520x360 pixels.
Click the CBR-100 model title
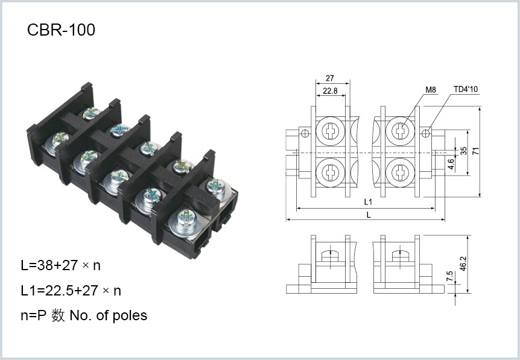(61, 30)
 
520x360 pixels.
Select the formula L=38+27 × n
(61, 265)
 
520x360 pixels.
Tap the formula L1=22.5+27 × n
(71, 291)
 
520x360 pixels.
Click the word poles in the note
(130, 315)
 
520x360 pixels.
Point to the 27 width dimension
(329, 78)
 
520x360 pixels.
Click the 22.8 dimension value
(330, 90)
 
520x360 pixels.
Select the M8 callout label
(431, 90)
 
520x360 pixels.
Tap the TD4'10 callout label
(466, 89)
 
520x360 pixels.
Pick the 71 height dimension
(476, 151)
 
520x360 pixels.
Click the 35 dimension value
(464, 151)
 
